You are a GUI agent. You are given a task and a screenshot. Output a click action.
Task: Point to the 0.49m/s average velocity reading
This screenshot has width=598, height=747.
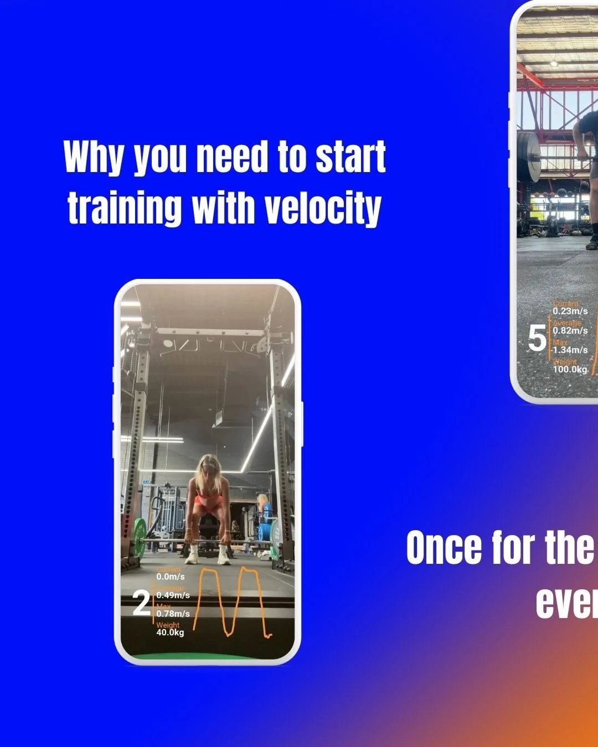[173, 595]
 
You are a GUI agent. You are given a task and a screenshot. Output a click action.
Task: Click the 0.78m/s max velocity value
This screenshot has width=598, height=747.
[173, 614]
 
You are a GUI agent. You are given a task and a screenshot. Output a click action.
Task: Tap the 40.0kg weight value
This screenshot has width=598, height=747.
[170, 632]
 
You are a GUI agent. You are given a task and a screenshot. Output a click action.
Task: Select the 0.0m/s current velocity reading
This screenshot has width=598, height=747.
[171, 577]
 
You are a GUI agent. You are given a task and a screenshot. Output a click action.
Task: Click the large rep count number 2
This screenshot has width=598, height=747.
[142, 604]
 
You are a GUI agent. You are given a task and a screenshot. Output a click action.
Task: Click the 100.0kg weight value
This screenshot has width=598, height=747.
[570, 369]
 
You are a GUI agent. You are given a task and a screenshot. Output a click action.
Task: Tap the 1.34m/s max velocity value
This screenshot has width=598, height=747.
[570, 350]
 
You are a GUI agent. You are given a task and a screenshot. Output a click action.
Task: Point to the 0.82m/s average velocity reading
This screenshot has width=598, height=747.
[570, 330]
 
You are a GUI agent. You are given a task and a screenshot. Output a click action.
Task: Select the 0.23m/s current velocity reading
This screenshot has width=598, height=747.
[570, 311]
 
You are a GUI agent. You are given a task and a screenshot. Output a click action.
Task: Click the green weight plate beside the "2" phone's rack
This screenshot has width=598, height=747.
[139, 537]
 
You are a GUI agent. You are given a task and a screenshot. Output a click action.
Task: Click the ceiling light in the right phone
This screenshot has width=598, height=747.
[554, 64]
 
